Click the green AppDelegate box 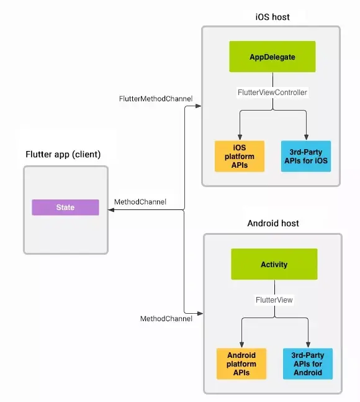[x=272, y=57]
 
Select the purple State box [x=65, y=207]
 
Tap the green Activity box [x=274, y=264]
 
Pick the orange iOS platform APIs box [x=240, y=156]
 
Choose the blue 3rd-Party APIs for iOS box [x=306, y=156]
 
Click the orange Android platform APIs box [x=241, y=363]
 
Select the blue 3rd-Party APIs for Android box [x=308, y=363]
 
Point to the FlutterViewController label [x=272, y=93]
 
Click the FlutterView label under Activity [x=274, y=299]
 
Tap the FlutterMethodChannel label [x=156, y=99]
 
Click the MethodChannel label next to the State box [x=140, y=202]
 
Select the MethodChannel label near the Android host [x=166, y=319]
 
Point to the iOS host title [x=272, y=17]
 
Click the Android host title [x=273, y=223]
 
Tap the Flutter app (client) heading [x=63, y=154]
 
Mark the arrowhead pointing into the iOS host [x=199, y=106]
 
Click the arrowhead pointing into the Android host [x=200, y=313]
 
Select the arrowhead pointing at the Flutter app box [x=111, y=210]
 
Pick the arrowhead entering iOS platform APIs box [x=240, y=137]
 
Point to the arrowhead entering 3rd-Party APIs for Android [x=308, y=345]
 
